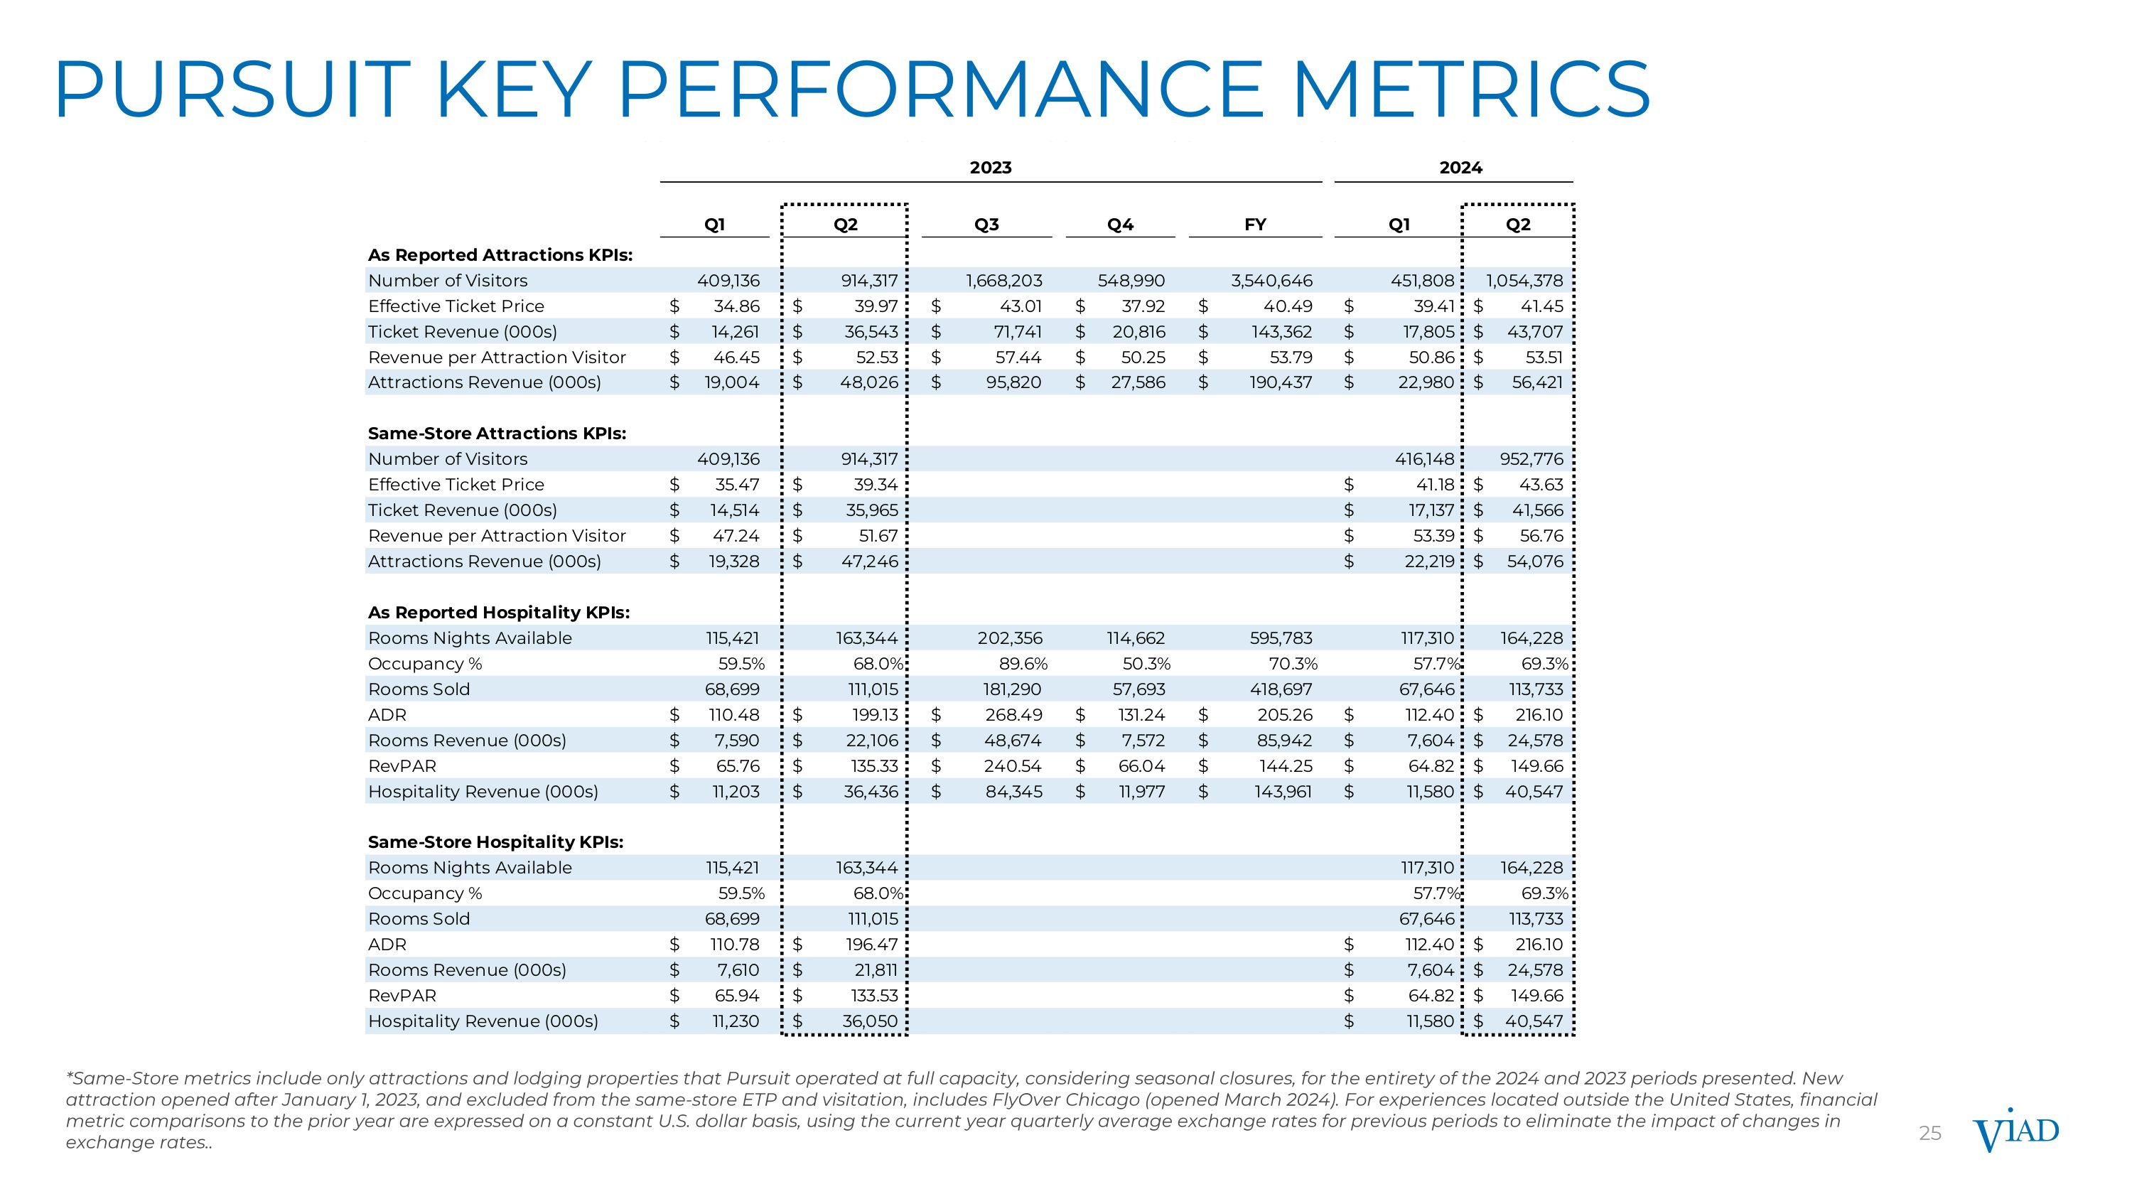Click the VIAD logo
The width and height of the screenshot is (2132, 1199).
(2015, 1131)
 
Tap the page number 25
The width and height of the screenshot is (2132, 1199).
(1930, 1134)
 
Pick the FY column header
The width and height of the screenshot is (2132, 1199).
(1255, 225)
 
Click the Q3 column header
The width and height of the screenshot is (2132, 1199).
(986, 225)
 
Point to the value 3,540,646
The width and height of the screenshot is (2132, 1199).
(1271, 281)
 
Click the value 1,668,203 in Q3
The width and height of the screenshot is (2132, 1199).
(1004, 281)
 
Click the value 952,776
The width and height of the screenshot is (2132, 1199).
(1531, 459)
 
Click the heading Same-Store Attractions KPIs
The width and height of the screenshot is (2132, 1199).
(497, 434)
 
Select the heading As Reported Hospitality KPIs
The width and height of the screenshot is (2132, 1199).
(498, 613)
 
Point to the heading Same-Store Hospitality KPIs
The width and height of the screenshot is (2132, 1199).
(495, 842)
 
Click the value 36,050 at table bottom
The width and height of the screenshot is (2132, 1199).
(870, 1021)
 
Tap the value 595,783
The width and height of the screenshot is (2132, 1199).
(1281, 638)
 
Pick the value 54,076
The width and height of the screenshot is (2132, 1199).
(1534, 561)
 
